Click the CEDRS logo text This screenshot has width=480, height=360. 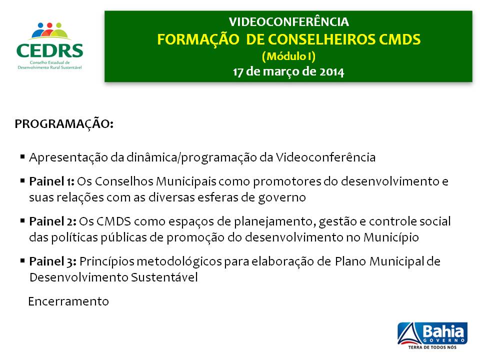pyautogui.click(x=49, y=51)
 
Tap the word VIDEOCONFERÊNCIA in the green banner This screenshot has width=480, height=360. pyautogui.click(x=288, y=22)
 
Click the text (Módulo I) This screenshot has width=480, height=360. pyautogui.click(x=288, y=55)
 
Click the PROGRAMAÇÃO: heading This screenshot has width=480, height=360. pyautogui.click(x=64, y=124)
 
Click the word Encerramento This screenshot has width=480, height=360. pyautogui.click(x=68, y=301)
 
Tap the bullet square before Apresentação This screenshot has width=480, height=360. pyautogui.click(x=22, y=157)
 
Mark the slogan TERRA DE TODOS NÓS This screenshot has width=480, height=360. pyautogui.click(x=432, y=346)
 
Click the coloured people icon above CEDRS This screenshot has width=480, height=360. pyautogui.click(x=49, y=31)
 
